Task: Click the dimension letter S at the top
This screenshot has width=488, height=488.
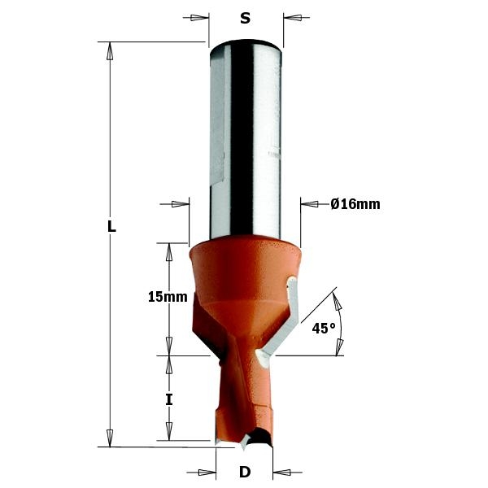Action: click(245, 19)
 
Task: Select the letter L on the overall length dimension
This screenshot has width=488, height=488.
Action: click(111, 228)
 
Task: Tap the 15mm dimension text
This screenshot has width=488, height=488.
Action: click(168, 298)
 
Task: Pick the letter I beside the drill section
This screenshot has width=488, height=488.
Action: click(169, 399)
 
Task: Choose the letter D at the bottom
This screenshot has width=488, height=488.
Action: click(244, 472)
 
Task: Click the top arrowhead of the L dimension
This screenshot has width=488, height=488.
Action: click(108, 50)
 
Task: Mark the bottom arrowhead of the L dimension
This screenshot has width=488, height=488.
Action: click(108, 438)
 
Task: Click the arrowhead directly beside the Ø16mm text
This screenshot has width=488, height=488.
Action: click(309, 204)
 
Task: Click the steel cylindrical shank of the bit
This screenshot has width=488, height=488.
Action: click(245, 138)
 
